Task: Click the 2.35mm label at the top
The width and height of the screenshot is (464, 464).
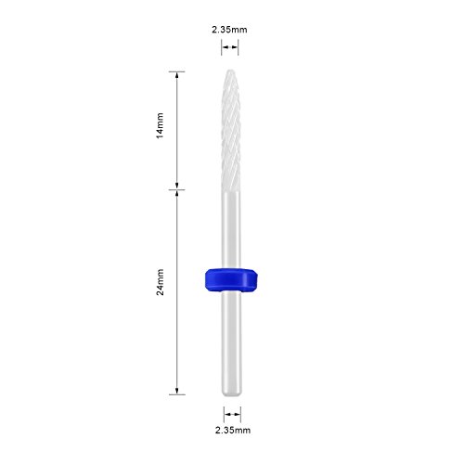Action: point(229,30)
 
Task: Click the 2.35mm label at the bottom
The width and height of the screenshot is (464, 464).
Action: point(233,430)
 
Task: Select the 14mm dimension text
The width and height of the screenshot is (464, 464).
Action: point(160,126)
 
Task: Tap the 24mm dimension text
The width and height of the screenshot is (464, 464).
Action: point(160,282)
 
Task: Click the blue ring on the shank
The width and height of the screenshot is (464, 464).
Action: point(231,280)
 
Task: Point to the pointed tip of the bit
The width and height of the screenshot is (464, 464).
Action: point(230,71)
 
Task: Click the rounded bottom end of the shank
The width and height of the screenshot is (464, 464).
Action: point(232,394)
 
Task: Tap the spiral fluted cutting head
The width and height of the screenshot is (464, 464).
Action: point(231,130)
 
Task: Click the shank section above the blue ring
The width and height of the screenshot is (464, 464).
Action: point(231,230)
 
